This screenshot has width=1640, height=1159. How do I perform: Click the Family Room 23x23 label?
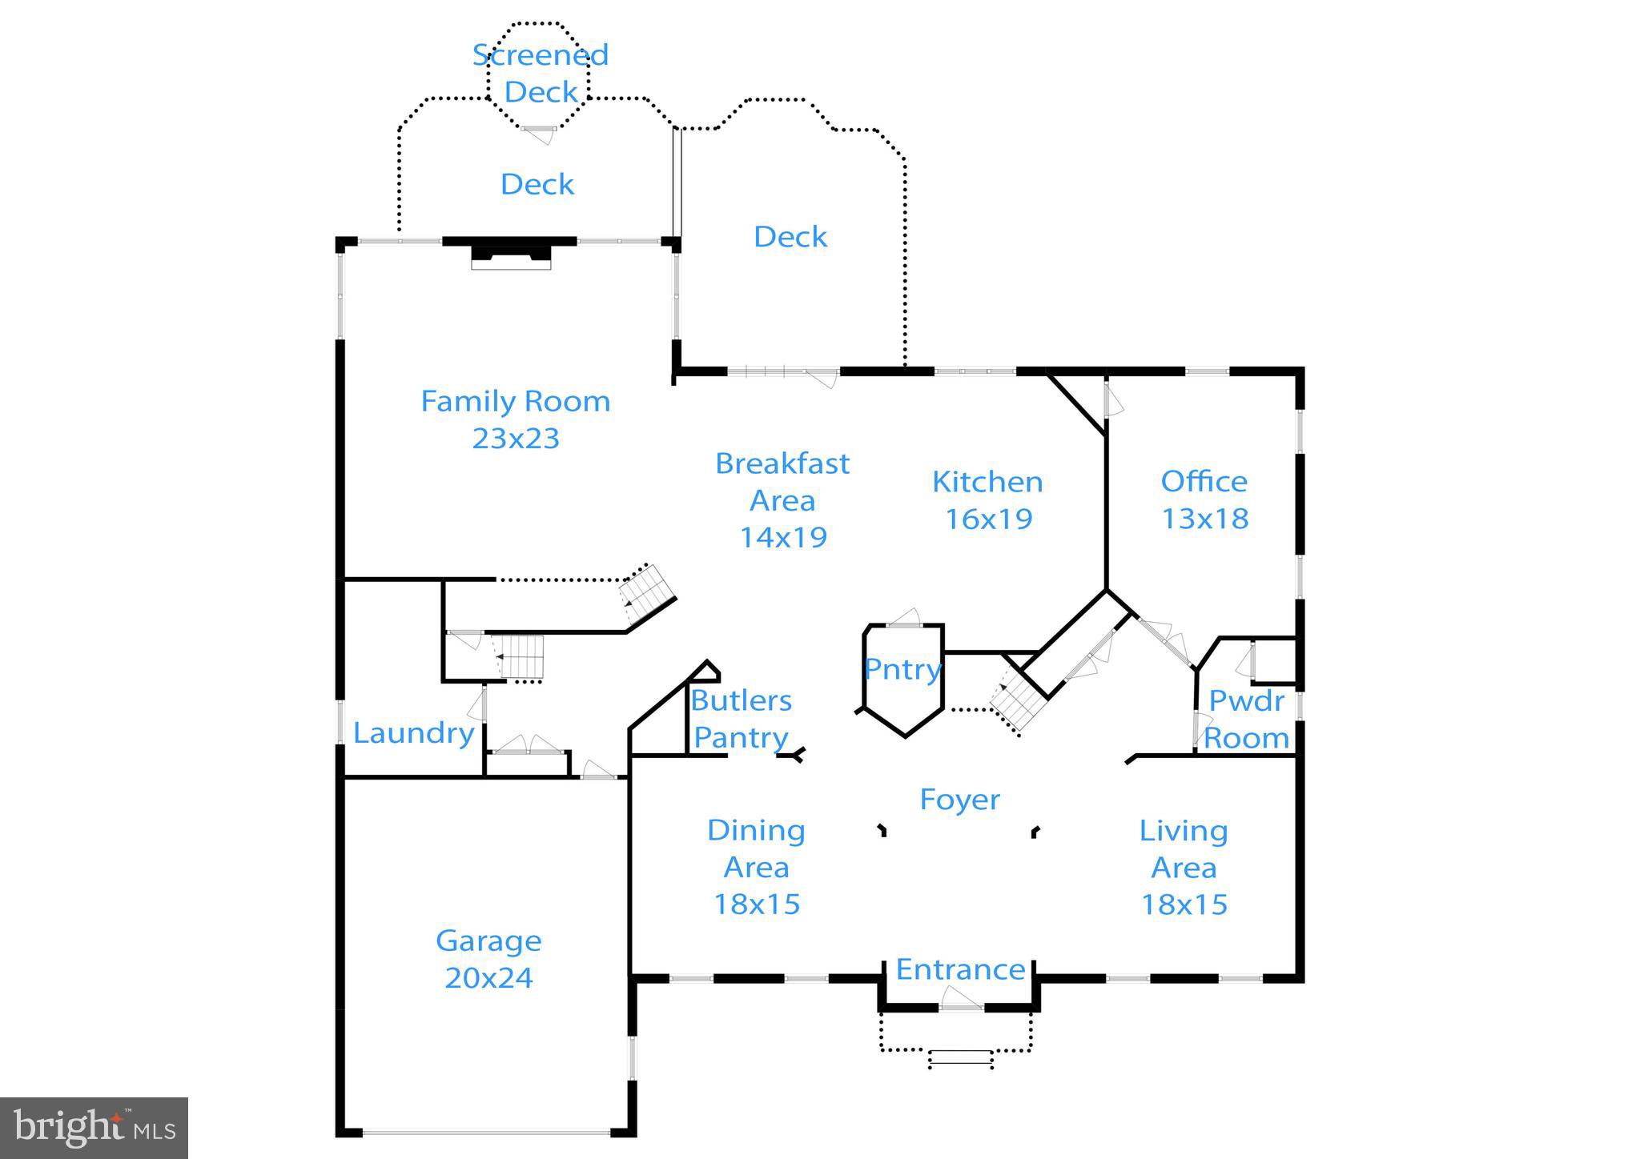coord(515,419)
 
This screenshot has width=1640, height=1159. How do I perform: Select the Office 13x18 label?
coord(1204,499)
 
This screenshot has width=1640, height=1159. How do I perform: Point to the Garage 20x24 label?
coord(488,959)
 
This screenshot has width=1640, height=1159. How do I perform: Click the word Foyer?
coord(959,800)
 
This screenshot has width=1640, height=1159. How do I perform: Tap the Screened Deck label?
coord(541,74)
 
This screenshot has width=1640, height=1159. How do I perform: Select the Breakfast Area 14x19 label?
coord(782,499)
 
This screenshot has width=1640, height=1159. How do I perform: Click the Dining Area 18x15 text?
coord(756,868)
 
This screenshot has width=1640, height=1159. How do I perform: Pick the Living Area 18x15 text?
coord(1184,868)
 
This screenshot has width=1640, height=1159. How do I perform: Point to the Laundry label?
coord(413,733)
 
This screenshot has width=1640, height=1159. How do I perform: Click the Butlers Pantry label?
coord(741,719)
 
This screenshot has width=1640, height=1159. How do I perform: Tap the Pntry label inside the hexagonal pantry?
coord(902,669)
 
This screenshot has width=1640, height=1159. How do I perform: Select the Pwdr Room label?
coord(1246,719)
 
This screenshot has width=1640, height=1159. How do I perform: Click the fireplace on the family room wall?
coord(511,254)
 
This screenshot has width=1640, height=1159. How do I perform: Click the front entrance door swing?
coord(960,999)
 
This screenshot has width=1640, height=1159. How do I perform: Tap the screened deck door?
coord(539,132)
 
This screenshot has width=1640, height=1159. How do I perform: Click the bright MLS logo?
coord(94,1128)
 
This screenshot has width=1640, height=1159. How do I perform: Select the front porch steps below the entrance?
coord(960,1059)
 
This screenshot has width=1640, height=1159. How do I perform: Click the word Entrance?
coord(960,969)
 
